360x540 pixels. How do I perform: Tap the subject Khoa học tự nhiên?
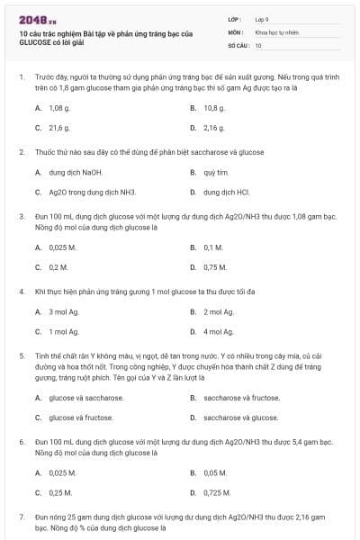[276, 32]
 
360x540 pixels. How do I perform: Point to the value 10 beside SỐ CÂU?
[258, 45]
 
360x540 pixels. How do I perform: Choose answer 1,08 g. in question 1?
[59, 107]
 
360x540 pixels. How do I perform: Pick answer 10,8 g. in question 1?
[214, 107]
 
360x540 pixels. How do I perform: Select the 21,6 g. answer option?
[59, 128]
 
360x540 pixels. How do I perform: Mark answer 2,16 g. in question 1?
[214, 128]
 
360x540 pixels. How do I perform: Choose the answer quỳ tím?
[216, 172]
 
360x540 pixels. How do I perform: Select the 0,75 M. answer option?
[215, 267]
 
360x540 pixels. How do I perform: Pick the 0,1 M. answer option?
[213, 247]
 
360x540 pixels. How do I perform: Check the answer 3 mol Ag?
[64, 311]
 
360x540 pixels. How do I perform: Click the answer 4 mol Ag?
[219, 332]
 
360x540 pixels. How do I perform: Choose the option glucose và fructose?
[81, 418]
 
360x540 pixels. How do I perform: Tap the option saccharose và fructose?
[240, 397]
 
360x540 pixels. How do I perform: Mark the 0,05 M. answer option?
[215, 472]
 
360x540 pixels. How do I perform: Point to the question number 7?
[22, 517]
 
